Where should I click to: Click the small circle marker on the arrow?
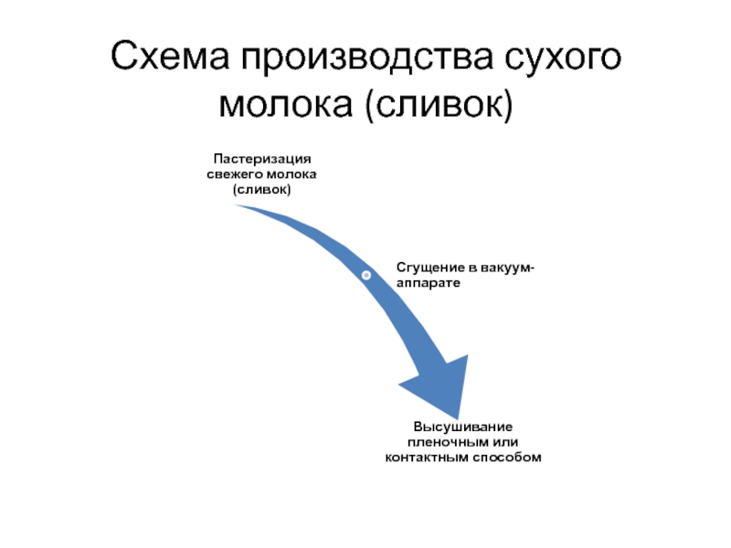tap(365, 275)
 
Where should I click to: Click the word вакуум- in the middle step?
tap(509, 268)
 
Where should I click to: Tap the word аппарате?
tap(428, 283)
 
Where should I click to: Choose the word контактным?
tap(425, 458)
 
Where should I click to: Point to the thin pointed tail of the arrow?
tap(239, 206)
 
